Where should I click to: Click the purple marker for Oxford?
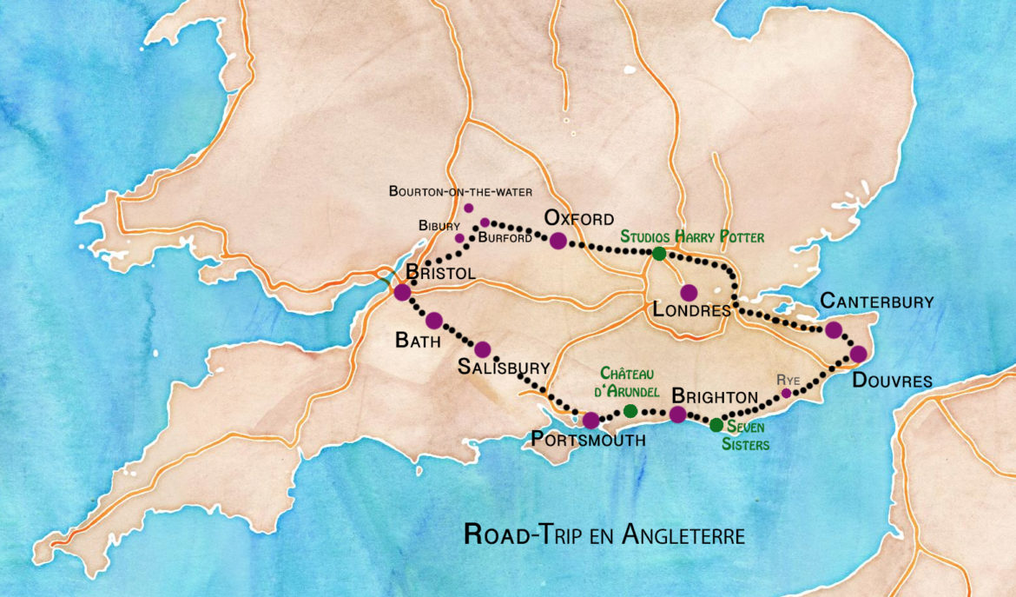click(x=557, y=241)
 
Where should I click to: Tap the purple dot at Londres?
click(x=689, y=293)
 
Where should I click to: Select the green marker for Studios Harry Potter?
click(x=659, y=254)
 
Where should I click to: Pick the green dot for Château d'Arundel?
click(x=630, y=410)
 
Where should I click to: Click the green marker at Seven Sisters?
click(x=716, y=425)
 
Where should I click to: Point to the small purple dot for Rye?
click(x=786, y=393)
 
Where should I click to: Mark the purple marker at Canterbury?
click(x=834, y=329)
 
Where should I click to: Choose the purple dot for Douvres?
click(x=858, y=354)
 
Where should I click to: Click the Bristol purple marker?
click(x=402, y=292)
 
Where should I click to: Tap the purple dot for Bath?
click(x=434, y=321)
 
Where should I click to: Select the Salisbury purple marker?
click(x=483, y=349)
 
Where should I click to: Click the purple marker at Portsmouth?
click(x=590, y=421)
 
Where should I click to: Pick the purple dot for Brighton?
click(x=678, y=415)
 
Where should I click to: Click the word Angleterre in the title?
click(x=683, y=534)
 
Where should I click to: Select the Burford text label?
click(x=504, y=238)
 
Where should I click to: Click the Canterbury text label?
click(x=877, y=302)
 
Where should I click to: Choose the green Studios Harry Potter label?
click(x=691, y=235)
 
